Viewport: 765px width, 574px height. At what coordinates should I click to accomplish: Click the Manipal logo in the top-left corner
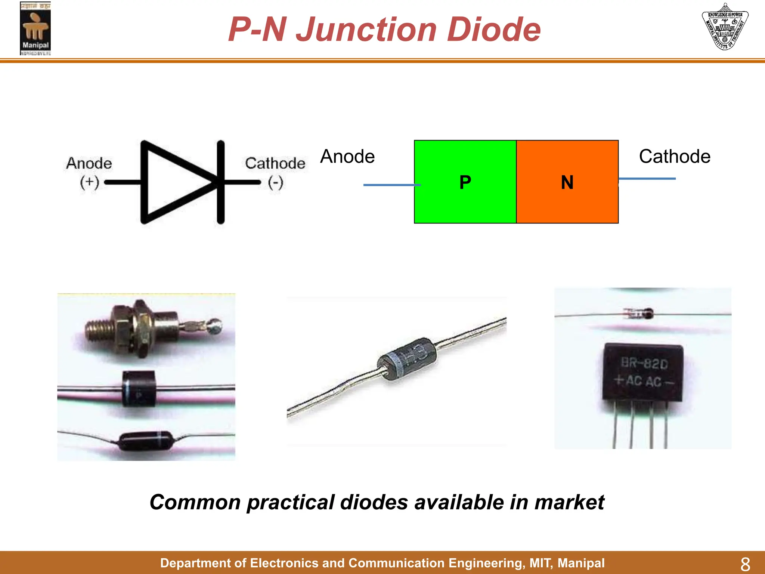(x=35, y=28)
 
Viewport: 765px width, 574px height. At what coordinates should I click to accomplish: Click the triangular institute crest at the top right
(x=725, y=27)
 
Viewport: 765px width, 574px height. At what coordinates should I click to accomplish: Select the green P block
(x=465, y=182)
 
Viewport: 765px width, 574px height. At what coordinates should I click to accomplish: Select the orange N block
(x=567, y=182)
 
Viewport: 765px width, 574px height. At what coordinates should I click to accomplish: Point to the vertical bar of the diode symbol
(x=221, y=182)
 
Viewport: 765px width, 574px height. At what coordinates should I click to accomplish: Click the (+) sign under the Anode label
(x=89, y=182)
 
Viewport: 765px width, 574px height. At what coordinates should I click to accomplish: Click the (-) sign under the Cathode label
(x=276, y=183)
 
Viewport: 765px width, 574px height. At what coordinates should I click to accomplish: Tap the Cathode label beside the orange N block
(x=675, y=156)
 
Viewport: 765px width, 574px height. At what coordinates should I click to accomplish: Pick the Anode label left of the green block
(x=347, y=156)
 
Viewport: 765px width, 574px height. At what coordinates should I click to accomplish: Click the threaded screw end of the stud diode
(x=99, y=330)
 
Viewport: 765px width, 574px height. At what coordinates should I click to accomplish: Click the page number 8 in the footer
(x=745, y=564)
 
